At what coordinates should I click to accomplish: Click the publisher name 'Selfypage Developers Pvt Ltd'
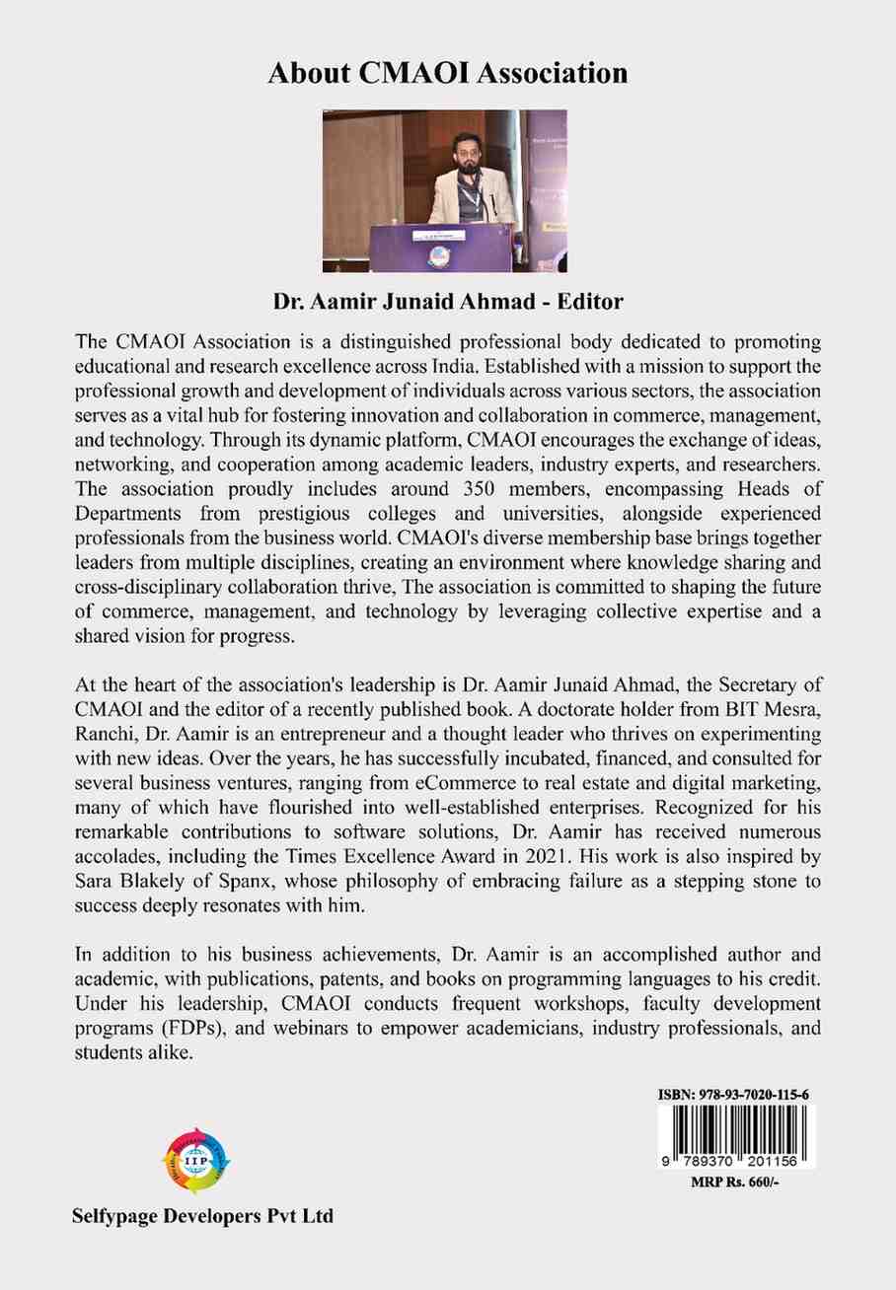(203, 1216)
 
